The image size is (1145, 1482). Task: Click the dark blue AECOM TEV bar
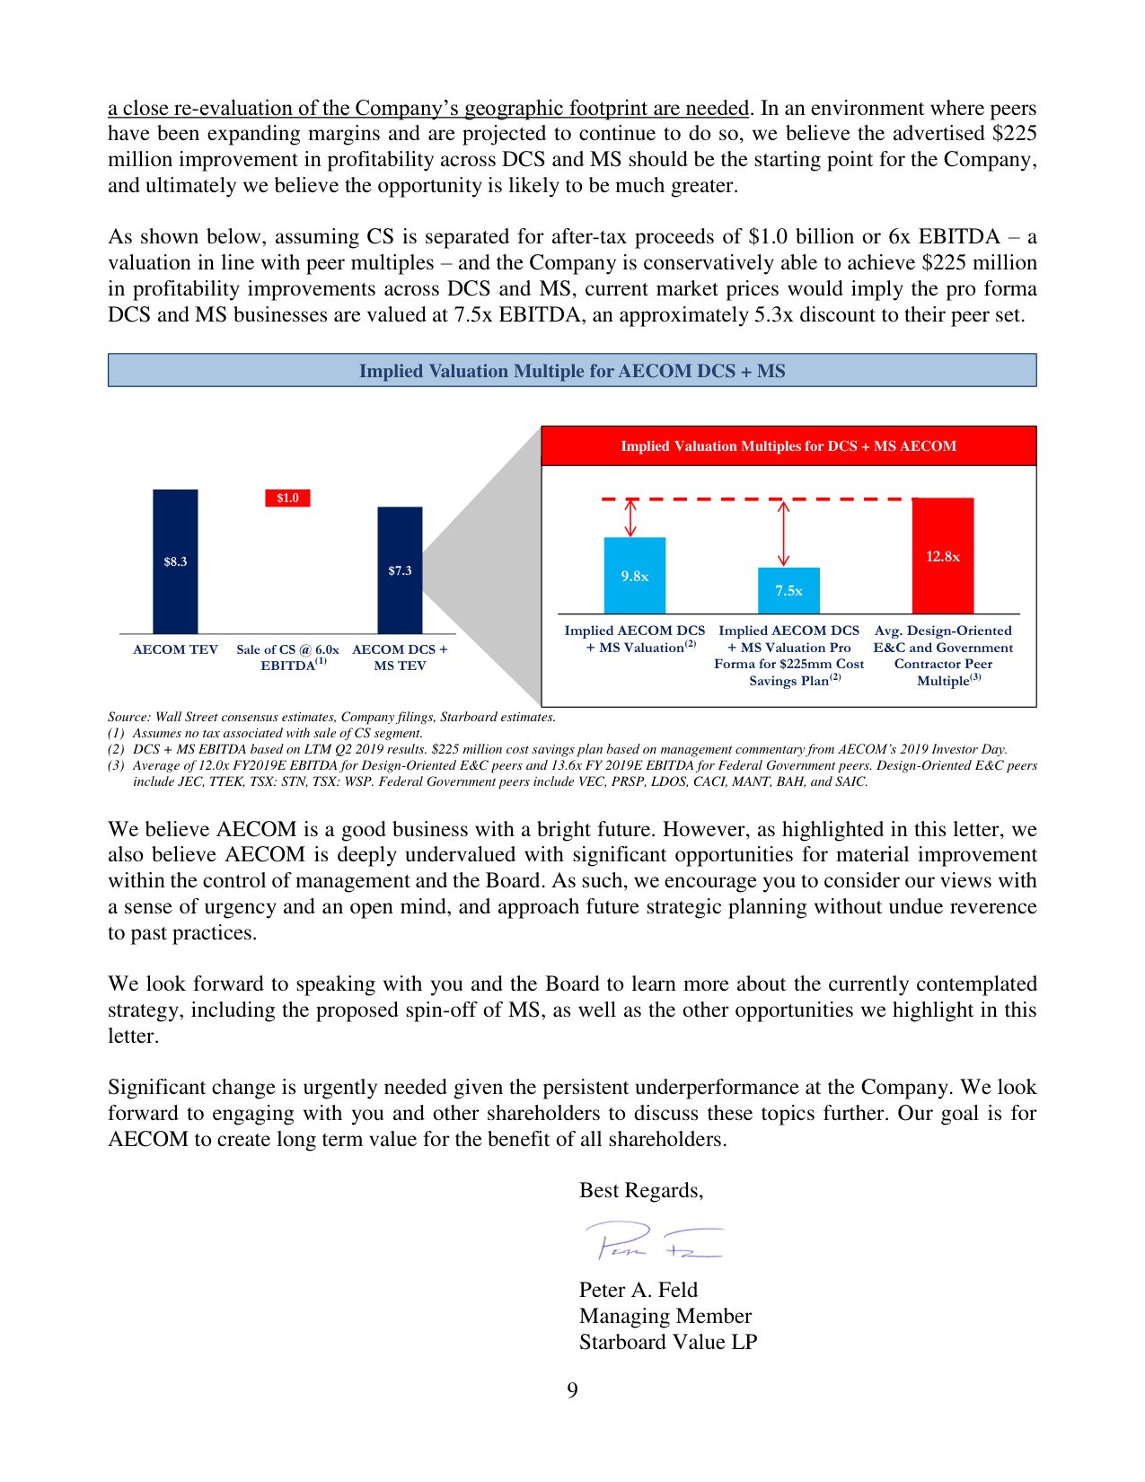[175, 561]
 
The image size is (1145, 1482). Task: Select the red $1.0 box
[287, 498]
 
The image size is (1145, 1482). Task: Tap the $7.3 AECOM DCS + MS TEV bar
[400, 570]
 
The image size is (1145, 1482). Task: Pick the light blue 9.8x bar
[634, 576]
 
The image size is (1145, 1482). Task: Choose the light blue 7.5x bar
[788, 590]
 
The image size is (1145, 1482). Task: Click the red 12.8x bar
[942, 556]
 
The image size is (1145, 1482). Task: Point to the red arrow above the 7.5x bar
[783, 533]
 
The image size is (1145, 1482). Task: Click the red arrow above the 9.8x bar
[630, 518]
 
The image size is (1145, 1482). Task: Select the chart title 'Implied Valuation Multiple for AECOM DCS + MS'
[572, 371]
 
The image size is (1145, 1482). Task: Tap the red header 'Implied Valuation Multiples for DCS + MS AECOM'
[788, 446]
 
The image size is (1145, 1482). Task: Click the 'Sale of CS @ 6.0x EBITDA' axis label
[287, 657]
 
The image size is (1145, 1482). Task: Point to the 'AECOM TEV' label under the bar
[175, 649]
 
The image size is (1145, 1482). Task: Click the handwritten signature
[654, 1241]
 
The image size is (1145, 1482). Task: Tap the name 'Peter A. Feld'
[638, 1290]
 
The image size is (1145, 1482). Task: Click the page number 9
[572, 1390]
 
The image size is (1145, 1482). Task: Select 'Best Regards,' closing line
[641, 1190]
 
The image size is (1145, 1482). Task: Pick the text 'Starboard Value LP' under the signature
[668, 1342]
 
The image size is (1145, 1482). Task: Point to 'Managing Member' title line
[665, 1316]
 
